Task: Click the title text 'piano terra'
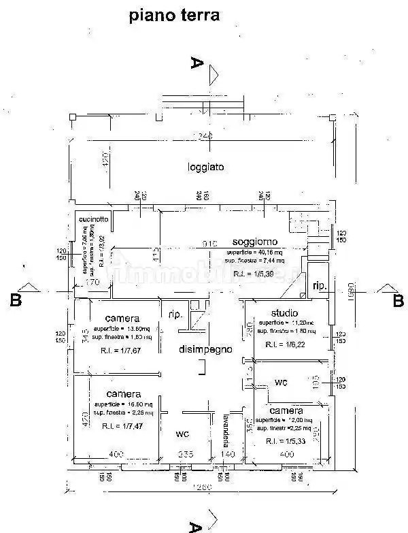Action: [x=175, y=16]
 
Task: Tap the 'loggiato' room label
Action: [x=206, y=166]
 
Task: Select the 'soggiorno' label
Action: [x=254, y=242]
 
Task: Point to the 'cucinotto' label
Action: [x=93, y=219]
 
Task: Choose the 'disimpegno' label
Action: [x=205, y=349]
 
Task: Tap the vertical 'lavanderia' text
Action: [x=226, y=430]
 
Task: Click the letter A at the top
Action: [x=197, y=63]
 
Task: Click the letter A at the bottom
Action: [x=195, y=526]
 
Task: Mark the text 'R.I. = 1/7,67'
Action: [x=122, y=351]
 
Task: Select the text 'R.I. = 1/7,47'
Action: [x=122, y=425]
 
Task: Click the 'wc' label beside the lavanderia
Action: [x=183, y=433]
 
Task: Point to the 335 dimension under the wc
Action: [x=186, y=454]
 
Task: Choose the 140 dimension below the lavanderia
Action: [x=227, y=454]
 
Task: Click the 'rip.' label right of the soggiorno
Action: [x=319, y=287]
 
